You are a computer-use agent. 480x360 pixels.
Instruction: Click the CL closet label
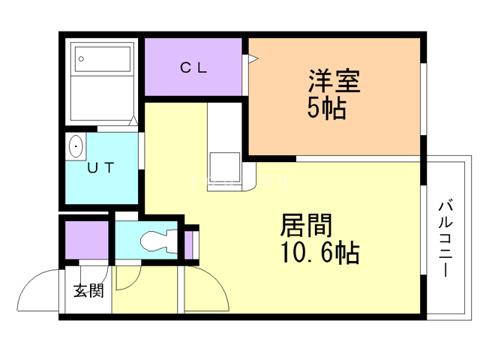click(193, 67)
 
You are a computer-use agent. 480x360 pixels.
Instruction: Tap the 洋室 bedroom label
click(334, 81)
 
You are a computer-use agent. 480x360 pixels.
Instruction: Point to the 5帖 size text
click(327, 108)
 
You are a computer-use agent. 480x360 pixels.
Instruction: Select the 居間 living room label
click(306, 225)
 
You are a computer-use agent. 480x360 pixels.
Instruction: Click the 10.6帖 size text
click(319, 252)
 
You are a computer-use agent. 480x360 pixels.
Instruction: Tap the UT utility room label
click(100, 167)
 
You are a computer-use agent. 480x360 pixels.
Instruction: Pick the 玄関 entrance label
click(88, 290)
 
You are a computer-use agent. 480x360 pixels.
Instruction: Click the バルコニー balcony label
click(445, 238)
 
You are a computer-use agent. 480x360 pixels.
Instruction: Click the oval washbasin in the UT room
click(76, 146)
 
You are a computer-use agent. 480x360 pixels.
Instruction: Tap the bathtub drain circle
click(81, 58)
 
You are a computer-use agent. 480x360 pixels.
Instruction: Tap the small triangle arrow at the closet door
click(253, 58)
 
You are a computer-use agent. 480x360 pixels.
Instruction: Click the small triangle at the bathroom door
click(133, 121)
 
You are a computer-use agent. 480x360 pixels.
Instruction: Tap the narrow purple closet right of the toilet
click(188, 244)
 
